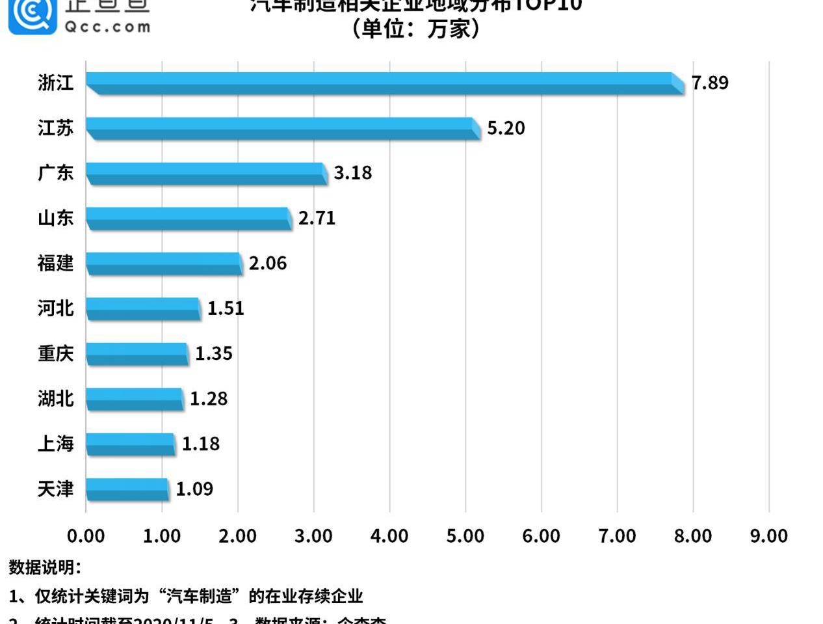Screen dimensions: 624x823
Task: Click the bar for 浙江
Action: click(x=384, y=83)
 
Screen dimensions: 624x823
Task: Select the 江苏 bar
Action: click(x=283, y=128)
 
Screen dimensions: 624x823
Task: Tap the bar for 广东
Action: click(x=206, y=173)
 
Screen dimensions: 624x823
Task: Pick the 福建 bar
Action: click(x=164, y=264)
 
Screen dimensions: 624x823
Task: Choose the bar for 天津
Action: click(x=127, y=489)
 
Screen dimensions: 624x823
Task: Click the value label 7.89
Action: click(x=710, y=83)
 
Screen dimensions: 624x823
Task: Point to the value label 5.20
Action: click(x=506, y=128)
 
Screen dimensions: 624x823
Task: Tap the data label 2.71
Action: click(x=317, y=218)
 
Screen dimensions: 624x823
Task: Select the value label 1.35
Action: click(x=214, y=354)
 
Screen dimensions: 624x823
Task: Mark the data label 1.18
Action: click(x=201, y=444)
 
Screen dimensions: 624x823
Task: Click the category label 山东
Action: click(x=55, y=218)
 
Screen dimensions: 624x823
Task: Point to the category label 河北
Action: click(x=55, y=308)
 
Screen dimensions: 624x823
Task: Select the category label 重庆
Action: click(x=55, y=354)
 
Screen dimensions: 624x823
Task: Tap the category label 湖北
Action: click(x=55, y=399)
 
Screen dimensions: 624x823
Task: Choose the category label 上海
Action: click(x=55, y=444)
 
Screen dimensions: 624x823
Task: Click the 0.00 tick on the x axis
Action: click(x=86, y=536)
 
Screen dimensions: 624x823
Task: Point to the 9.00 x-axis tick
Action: click(x=769, y=536)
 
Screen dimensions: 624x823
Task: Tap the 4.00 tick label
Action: click(x=389, y=536)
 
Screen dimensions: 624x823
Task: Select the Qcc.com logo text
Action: click(x=107, y=27)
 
